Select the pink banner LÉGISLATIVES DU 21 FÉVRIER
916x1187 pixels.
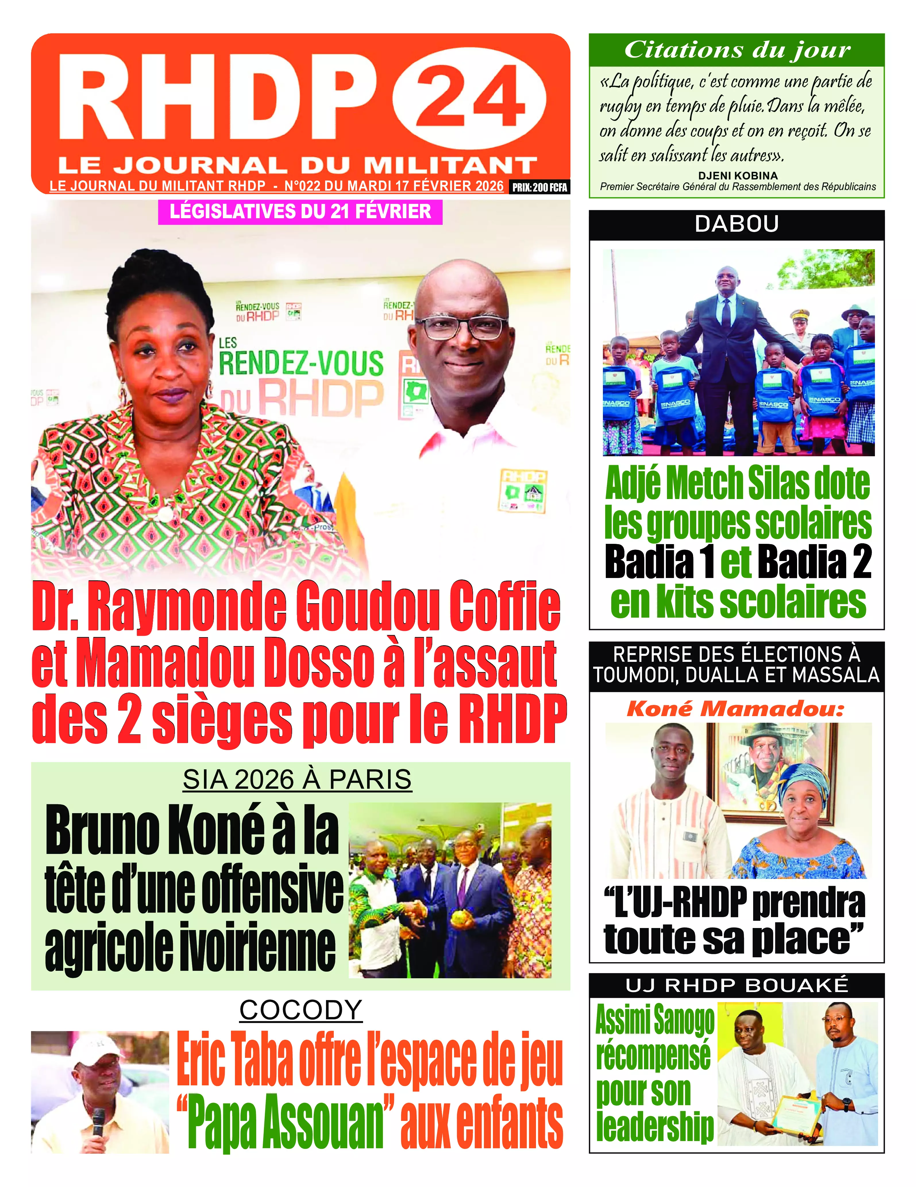pos(300,211)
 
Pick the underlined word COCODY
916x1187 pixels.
pos(301,1010)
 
